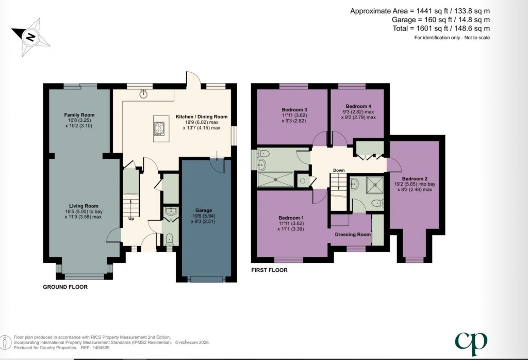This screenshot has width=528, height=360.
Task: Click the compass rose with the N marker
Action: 31,36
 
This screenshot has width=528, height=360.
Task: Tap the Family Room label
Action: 79,114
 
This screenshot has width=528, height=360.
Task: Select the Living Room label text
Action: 79,206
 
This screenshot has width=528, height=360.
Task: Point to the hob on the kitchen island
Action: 159,127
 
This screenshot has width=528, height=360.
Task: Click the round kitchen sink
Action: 144,93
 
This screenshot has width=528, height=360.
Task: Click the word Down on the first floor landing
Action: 339,170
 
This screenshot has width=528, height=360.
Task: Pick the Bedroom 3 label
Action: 294,110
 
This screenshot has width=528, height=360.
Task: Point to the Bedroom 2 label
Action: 415,179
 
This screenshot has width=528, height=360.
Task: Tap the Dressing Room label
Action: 353,235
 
